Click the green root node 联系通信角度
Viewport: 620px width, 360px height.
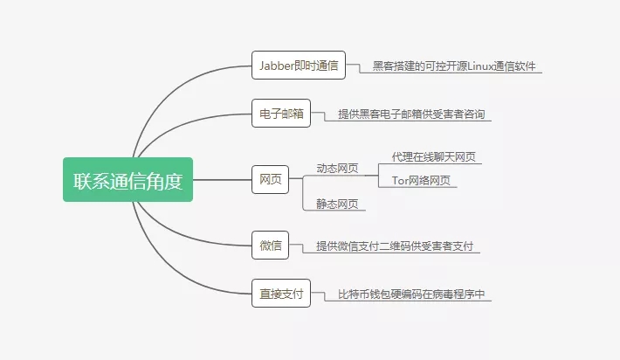coord(127,180)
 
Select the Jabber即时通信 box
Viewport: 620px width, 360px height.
coord(299,66)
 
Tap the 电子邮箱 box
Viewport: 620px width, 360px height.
coord(281,114)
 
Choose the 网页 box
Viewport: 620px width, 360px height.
coord(271,180)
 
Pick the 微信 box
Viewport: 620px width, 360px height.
coord(271,246)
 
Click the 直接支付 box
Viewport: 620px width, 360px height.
coord(281,294)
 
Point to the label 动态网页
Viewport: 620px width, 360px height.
coord(337,169)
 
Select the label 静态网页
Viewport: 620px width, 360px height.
coord(337,204)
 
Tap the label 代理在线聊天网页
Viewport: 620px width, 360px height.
coord(434,157)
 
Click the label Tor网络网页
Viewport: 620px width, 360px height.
coord(421,181)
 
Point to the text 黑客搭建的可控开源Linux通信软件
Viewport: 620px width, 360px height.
coord(454,66)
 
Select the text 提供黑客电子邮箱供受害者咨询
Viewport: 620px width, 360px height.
coord(411,114)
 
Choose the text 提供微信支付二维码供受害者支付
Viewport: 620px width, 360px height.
coord(395,246)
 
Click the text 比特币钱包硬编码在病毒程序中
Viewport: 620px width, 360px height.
coord(411,294)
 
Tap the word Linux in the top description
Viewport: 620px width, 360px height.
coord(480,66)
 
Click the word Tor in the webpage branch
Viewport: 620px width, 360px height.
coord(400,181)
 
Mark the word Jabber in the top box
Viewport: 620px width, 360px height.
coord(277,66)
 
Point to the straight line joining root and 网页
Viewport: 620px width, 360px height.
coord(222,180)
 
